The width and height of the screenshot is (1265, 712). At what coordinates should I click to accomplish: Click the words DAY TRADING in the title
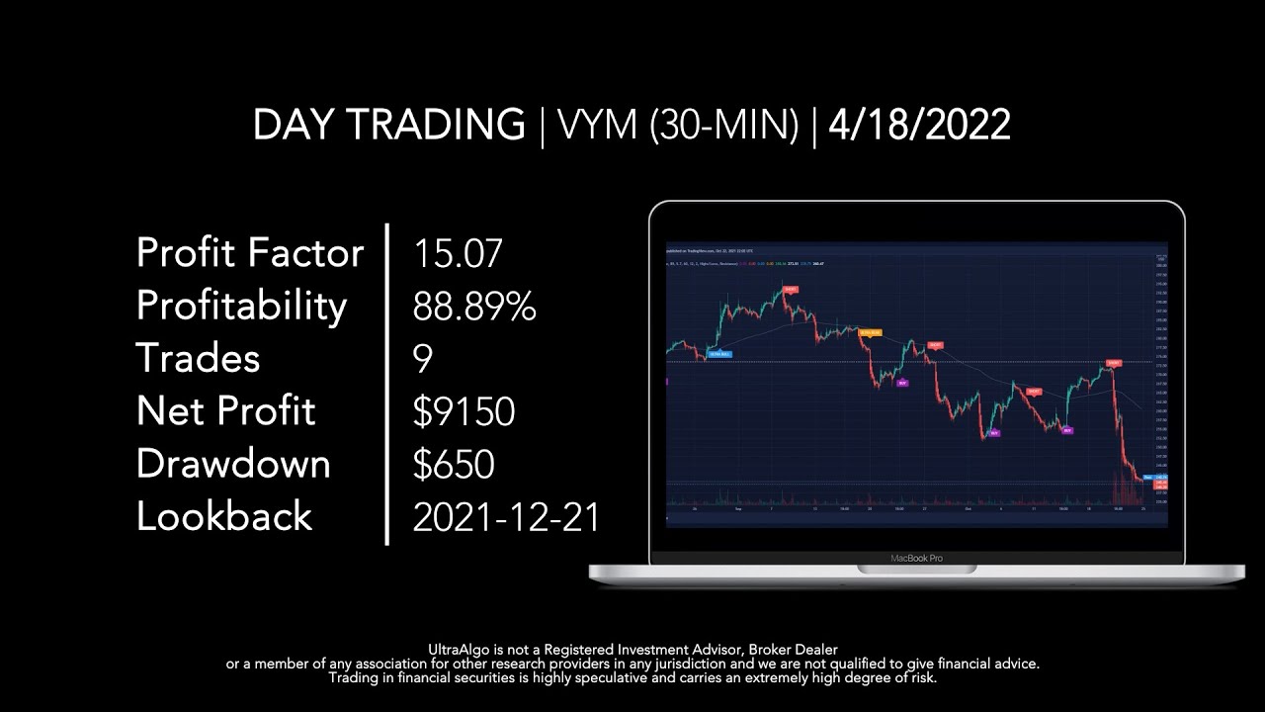[x=388, y=126]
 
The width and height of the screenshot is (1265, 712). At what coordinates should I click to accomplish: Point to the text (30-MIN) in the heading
[x=723, y=126]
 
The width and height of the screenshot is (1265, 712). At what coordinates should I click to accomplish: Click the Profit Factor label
[x=250, y=253]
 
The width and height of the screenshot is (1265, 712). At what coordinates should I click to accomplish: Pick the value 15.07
[x=458, y=253]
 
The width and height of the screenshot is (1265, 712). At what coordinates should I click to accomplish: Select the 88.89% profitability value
[x=474, y=307]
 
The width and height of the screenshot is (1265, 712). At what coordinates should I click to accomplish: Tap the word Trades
[x=198, y=359]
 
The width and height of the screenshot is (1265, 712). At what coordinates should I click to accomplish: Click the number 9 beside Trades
[x=423, y=359]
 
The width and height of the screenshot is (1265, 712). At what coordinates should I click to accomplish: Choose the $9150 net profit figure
[x=464, y=411]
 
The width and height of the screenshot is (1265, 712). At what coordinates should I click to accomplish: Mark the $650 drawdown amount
[x=453, y=464]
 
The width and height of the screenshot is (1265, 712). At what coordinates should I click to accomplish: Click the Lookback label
[x=224, y=516]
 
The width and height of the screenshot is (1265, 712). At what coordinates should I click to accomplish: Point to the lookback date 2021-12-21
[x=506, y=516]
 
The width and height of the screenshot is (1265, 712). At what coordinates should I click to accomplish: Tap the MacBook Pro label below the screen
[x=916, y=559]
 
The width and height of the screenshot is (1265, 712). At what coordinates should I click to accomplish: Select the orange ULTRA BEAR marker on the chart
[x=869, y=332]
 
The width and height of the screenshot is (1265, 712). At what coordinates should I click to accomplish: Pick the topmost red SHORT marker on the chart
[x=790, y=289]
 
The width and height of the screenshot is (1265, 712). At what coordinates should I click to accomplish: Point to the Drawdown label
[x=233, y=464]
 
